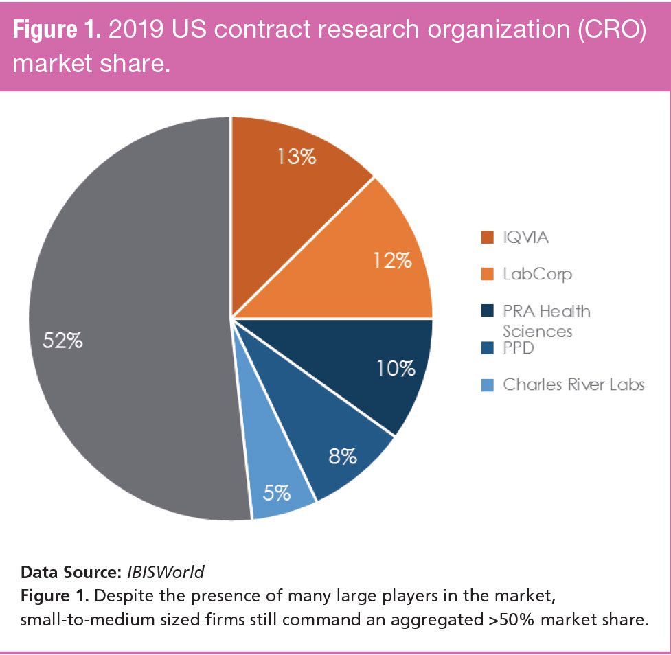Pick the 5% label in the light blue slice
coord(277,492)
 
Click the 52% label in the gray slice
coord(64,340)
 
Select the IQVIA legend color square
coord(486,238)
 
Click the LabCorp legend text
coord(537,274)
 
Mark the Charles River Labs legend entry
coord(573,384)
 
